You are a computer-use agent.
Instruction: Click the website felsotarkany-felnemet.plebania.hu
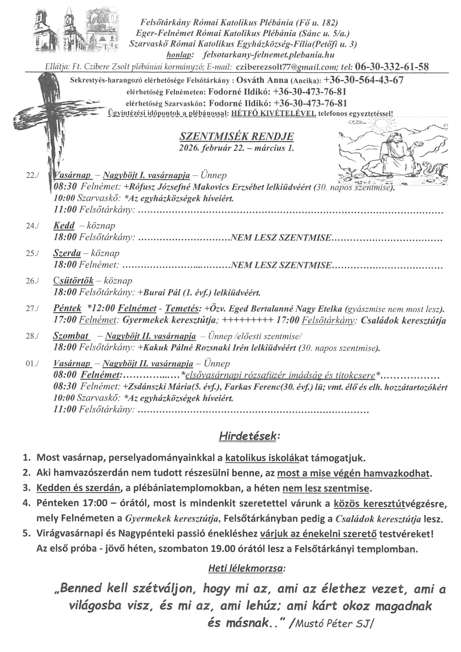point(269,55)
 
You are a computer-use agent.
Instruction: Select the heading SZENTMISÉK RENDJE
point(236,137)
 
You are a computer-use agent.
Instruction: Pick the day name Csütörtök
point(73,281)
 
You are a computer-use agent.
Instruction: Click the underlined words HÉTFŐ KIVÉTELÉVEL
point(274,114)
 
